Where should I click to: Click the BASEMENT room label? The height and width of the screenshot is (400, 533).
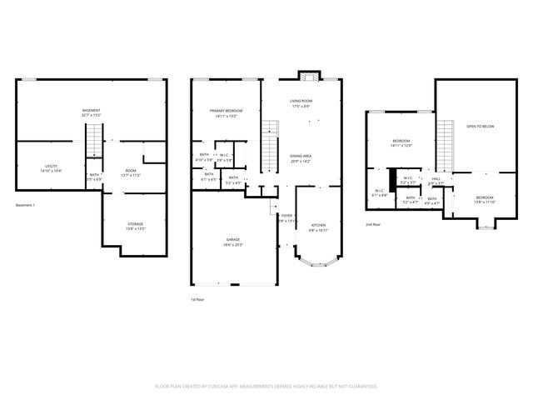click(91, 111)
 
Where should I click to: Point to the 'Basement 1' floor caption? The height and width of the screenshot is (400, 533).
click(27, 205)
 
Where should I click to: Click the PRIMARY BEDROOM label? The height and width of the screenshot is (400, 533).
click(226, 111)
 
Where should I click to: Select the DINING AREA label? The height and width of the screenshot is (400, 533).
click(301, 156)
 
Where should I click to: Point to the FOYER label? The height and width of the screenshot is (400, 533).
click(286, 217)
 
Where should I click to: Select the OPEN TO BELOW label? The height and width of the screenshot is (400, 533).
click(481, 127)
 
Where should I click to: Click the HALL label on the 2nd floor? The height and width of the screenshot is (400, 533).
click(436, 178)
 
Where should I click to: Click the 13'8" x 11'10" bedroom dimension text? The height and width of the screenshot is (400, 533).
click(484, 202)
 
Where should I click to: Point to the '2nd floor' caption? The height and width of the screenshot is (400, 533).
click(374, 224)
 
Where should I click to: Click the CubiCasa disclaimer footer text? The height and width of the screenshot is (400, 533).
click(266, 386)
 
